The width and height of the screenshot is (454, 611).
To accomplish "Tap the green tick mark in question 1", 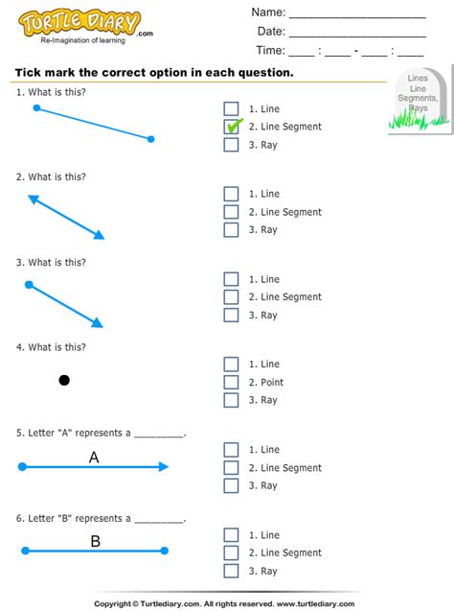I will click(x=234, y=126).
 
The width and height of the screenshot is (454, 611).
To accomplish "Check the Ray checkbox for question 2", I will click(x=231, y=229).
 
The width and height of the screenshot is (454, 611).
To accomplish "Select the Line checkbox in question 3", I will click(x=231, y=279).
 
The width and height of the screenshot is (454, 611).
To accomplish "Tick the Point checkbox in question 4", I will click(x=231, y=382).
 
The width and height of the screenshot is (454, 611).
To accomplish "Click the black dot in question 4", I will click(x=64, y=380).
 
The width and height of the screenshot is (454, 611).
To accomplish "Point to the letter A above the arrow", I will click(x=94, y=458).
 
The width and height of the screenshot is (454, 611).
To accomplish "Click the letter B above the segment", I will click(x=95, y=541).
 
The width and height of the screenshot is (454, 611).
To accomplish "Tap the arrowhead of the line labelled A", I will click(x=164, y=467).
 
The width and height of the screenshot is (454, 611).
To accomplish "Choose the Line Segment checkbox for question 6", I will click(x=231, y=552).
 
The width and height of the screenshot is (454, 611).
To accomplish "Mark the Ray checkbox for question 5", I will click(x=231, y=485).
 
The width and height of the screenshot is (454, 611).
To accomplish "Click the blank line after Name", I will click(x=356, y=14).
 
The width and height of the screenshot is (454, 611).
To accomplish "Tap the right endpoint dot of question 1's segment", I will click(x=151, y=139).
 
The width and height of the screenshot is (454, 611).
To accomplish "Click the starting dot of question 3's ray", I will click(x=29, y=284).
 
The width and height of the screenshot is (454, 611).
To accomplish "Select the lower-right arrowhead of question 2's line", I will click(x=99, y=235).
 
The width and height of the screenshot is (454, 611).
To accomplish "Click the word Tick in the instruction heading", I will click(x=29, y=73).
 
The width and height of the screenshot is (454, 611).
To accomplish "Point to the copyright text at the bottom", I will click(x=227, y=602).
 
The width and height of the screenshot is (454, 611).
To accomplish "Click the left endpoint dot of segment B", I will click(x=24, y=551).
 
